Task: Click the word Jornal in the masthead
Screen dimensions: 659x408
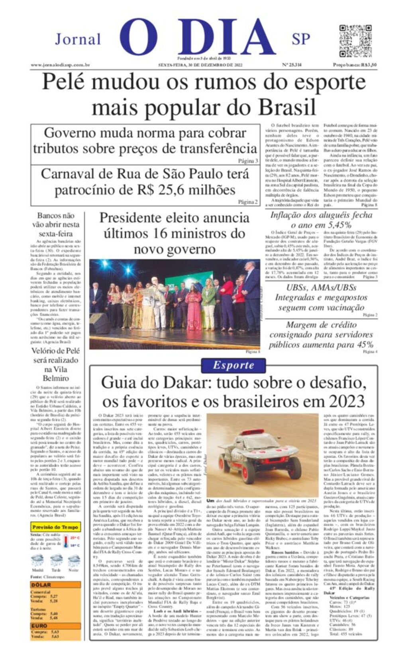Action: pyautogui.click(x=78, y=39)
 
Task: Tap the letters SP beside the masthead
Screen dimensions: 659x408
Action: pyautogui.click(x=301, y=39)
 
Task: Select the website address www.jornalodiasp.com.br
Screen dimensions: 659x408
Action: pyautogui.click(x=60, y=65)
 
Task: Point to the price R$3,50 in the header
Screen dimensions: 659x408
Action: pyautogui.click(x=368, y=65)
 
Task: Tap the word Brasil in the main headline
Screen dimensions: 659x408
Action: pyautogui.click(x=287, y=107)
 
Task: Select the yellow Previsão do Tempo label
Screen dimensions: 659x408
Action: pyautogui.click(x=55, y=527)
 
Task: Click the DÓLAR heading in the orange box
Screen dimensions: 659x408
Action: pyautogui.click(x=41, y=585)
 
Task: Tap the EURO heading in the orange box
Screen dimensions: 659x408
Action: pyautogui.click(x=40, y=626)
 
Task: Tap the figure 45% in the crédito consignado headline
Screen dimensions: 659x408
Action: pyautogui.click(x=365, y=344)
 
